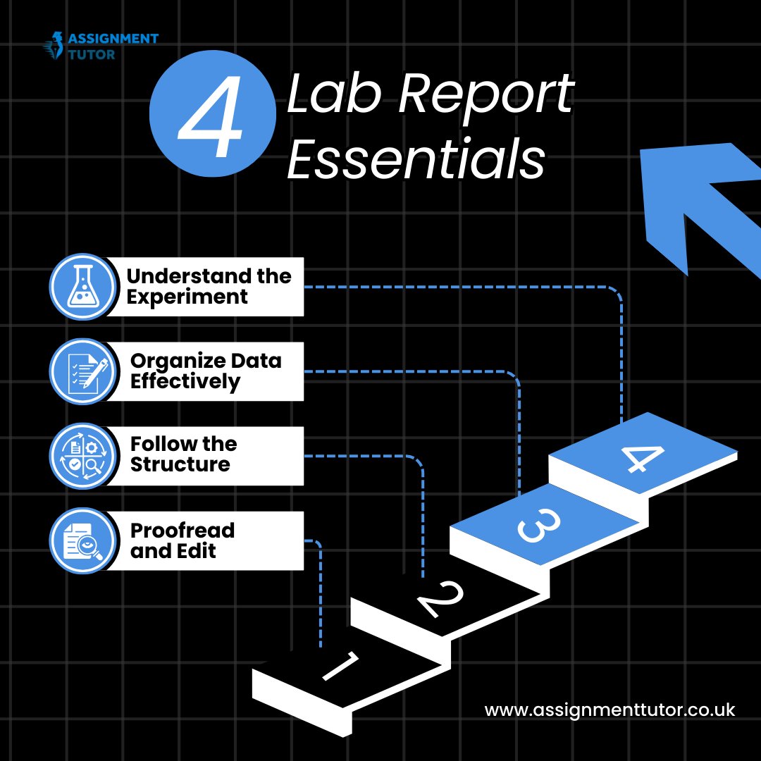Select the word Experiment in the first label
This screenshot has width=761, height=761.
pyautogui.click(x=187, y=297)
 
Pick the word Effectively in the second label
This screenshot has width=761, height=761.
pyautogui.click(x=185, y=382)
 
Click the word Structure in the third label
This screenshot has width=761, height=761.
pyautogui.click(x=180, y=465)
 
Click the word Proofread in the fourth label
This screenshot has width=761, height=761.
pyautogui.click(x=182, y=531)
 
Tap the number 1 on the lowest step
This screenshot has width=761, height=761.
pyautogui.click(x=342, y=666)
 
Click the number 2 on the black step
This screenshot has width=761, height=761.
pyautogui.click(x=440, y=600)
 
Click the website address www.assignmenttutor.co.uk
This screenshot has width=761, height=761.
pyautogui.click(x=610, y=710)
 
